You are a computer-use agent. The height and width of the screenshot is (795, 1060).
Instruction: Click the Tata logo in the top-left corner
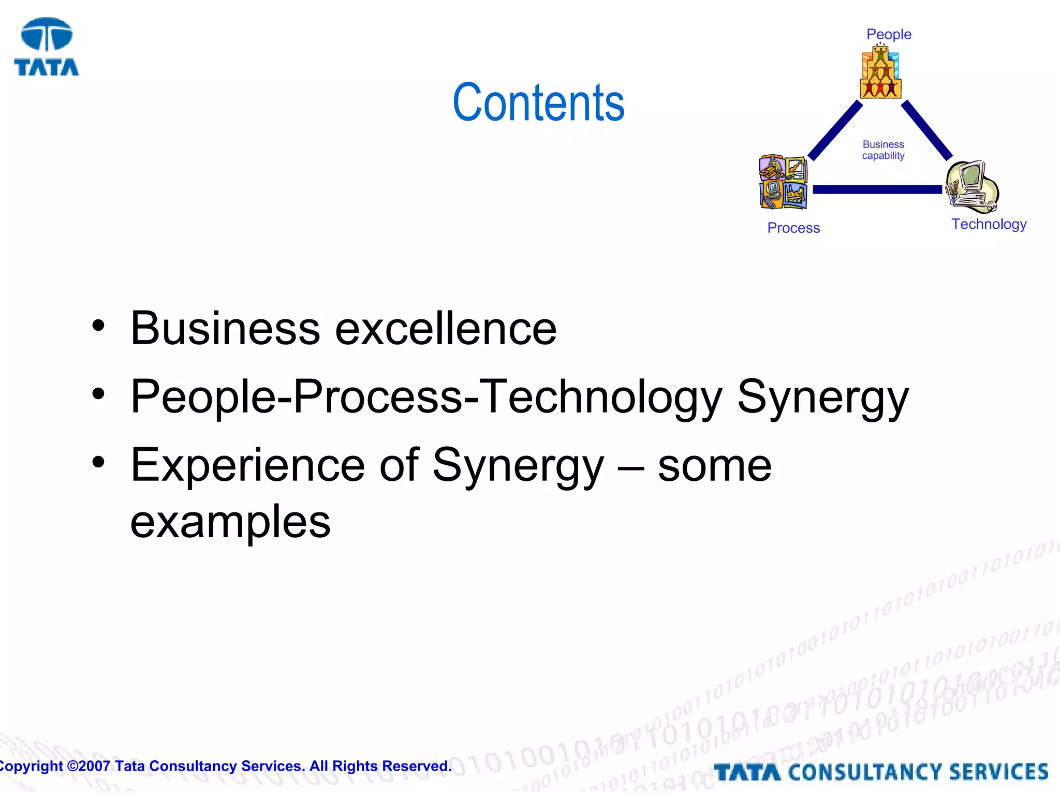pyautogui.click(x=47, y=47)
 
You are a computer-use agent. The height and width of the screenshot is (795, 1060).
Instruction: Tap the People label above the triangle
pyautogui.click(x=889, y=34)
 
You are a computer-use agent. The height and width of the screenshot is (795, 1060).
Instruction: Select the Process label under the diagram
pyautogui.click(x=793, y=228)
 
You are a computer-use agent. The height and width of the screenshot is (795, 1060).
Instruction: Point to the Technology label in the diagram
pyautogui.click(x=989, y=224)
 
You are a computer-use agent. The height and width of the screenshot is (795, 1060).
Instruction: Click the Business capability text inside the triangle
pyautogui.click(x=883, y=150)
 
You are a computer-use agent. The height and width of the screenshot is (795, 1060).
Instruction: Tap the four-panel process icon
pyautogui.click(x=783, y=182)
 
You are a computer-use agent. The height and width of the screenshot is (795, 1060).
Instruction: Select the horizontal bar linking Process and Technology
pyautogui.click(x=877, y=189)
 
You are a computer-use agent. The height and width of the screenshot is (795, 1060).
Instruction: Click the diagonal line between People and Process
pyautogui.click(x=835, y=130)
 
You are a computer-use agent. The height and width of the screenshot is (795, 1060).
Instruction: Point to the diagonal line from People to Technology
pyautogui.click(x=926, y=130)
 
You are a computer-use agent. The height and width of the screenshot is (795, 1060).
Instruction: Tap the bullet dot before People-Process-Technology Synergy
pyautogui.click(x=98, y=394)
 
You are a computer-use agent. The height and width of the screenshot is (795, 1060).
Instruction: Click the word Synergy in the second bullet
pyautogui.click(x=822, y=397)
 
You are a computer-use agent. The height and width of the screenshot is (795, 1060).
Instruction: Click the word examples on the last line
pyautogui.click(x=230, y=522)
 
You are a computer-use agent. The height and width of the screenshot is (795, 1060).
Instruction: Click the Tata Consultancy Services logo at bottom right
pyautogui.click(x=881, y=772)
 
